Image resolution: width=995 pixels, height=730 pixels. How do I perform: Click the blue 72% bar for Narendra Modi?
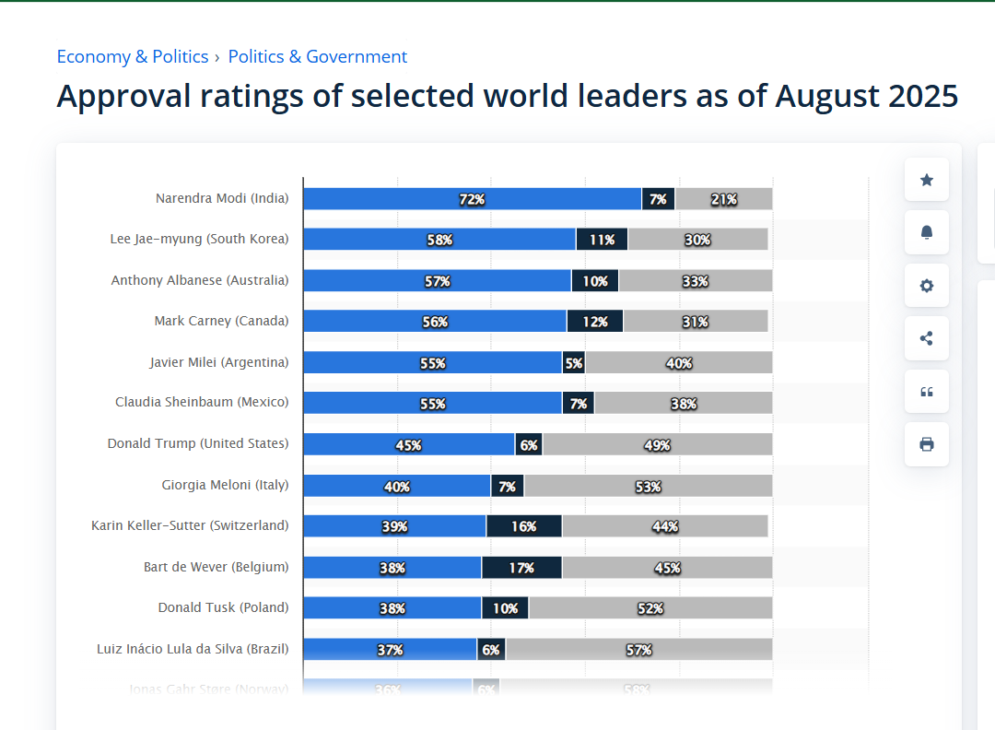coord(472,199)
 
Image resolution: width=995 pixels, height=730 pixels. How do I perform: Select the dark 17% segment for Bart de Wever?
coord(521,568)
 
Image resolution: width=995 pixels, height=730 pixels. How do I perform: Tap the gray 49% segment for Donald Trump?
coord(657,445)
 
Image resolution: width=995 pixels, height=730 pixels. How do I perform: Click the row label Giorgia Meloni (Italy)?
coord(225,485)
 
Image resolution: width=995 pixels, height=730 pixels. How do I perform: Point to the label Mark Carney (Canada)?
coord(221,321)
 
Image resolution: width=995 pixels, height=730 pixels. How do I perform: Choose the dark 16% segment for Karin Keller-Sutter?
coord(523,526)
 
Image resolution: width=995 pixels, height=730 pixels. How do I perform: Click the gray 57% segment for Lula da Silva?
coord(638,650)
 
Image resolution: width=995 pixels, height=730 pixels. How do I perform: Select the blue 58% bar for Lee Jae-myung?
coord(439,240)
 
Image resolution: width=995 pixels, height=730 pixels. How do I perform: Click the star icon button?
coord(927,180)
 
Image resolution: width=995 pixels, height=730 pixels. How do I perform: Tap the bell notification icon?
coord(927,232)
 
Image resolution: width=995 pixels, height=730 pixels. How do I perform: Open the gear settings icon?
coord(927,286)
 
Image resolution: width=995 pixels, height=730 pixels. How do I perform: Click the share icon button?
coord(927,338)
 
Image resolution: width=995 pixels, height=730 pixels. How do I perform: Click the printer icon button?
coord(927,444)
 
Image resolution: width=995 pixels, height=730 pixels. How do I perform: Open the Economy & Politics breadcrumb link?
coord(133,56)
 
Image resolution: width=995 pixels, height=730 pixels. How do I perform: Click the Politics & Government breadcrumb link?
coord(318,56)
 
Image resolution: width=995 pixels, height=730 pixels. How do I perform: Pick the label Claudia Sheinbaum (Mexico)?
coord(202,402)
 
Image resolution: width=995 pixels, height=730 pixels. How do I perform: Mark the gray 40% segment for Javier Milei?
coord(679,363)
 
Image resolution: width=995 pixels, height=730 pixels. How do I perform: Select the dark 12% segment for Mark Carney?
coord(594,322)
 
